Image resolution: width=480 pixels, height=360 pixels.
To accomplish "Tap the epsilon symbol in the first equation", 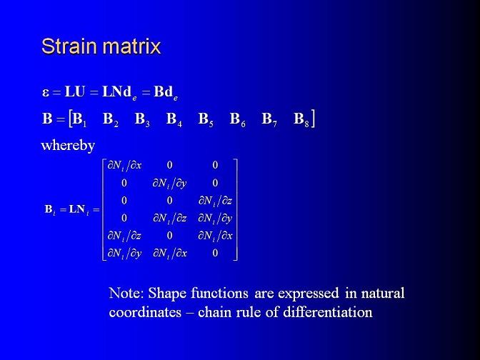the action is (x=46, y=92).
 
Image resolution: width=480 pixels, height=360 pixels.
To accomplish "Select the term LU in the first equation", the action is (x=74, y=91).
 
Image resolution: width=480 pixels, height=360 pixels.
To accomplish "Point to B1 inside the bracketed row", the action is (x=79, y=119).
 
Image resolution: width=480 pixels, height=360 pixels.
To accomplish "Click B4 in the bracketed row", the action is (x=174, y=119).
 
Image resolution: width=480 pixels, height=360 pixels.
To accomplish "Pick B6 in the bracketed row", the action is (x=238, y=119).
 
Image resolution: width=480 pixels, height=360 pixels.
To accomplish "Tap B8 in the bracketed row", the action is (x=301, y=119).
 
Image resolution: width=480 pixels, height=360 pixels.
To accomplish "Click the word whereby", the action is (x=68, y=146).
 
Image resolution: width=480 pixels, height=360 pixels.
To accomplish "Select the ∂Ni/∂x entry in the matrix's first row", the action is (x=124, y=166).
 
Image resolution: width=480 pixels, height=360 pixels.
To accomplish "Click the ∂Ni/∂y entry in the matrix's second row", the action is (x=169, y=184).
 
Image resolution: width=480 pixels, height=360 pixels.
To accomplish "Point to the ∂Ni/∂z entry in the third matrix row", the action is (x=215, y=201).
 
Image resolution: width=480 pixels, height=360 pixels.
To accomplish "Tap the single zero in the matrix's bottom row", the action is (x=215, y=253).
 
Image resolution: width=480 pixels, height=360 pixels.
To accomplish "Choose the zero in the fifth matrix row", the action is (x=169, y=236).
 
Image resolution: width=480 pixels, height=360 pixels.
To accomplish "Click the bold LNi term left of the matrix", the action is (x=79, y=210).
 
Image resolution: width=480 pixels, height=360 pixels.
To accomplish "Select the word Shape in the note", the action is (x=167, y=294).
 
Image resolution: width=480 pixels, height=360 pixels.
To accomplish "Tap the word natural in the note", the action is (x=383, y=294).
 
